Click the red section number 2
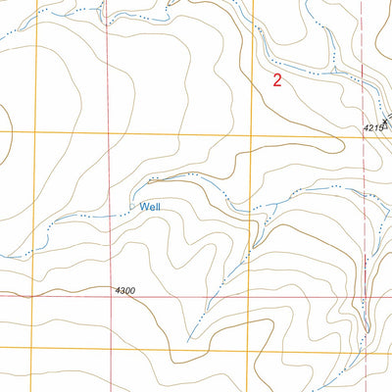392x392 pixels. (277, 81)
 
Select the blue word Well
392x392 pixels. (150, 207)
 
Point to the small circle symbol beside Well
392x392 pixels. (132, 208)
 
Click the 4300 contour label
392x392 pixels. (124, 291)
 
